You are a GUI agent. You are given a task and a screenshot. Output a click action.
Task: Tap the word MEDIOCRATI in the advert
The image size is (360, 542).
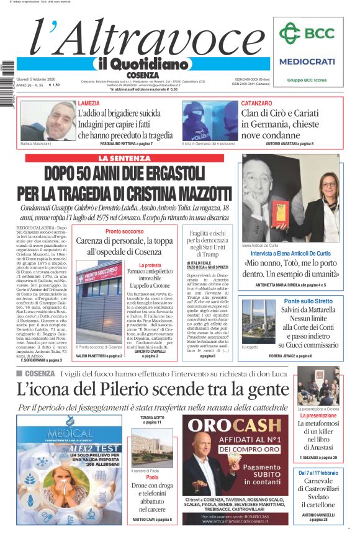(x=307, y=62)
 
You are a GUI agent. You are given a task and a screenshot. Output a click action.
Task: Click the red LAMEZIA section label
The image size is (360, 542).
(x=92, y=103)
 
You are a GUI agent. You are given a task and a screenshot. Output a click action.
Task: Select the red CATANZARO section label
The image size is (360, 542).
(x=256, y=103)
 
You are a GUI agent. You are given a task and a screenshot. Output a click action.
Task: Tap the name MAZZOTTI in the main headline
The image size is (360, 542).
(x=199, y=191)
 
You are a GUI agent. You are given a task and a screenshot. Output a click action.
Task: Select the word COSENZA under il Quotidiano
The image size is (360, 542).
(x=142, y=75)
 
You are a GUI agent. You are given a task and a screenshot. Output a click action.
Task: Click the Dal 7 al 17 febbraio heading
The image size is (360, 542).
(x=318, y=473)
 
